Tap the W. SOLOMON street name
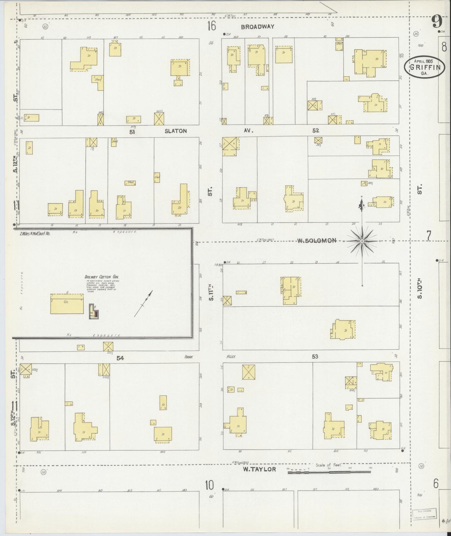pyautogui.click(x=316, y=240)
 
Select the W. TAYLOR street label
pyautogui.click(x=260, y=469)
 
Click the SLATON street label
pyautogui.click(x=176, y=131)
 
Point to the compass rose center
pyautogui.click(x=362, y=241)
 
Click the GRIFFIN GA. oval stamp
pyautogui.click(x=425, y=67)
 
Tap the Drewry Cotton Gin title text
pyautogui.click(x=102, y=277)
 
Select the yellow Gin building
pyautogui.click(x=67, y=303)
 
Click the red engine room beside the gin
pyautogui.click(x=97, y=314)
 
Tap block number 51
pyautogui.click(x=132, y=132)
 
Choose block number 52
pyautogui.click(x=316, y=131)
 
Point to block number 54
pyautogui.click(x=120, y=358)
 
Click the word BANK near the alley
pyautogui.click(x=189, y=356)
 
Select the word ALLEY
pyautogui.click(x=231, y=356)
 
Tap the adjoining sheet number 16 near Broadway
pyautogui.click(x=211, y=26)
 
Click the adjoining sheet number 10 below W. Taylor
pyautogui.click(x=209, y=486)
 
